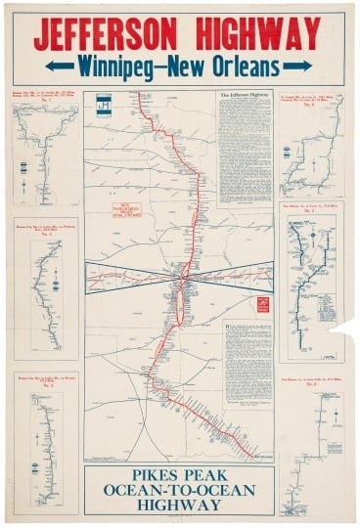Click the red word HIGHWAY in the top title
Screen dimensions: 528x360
pyautogui.click(x=264, y=35)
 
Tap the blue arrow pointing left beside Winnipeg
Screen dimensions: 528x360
pyautogui.click(x=59, y=67)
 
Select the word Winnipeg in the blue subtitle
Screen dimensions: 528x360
pyautogui.click(x=122, y=67)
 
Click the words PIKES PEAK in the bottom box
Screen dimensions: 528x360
pyautogui.click(x=179, y=474)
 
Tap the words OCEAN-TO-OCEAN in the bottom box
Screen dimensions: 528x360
pyautogui.click(x=179, y=490)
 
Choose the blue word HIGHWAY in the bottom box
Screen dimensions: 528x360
pyautogui.click(x=179, y=506)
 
